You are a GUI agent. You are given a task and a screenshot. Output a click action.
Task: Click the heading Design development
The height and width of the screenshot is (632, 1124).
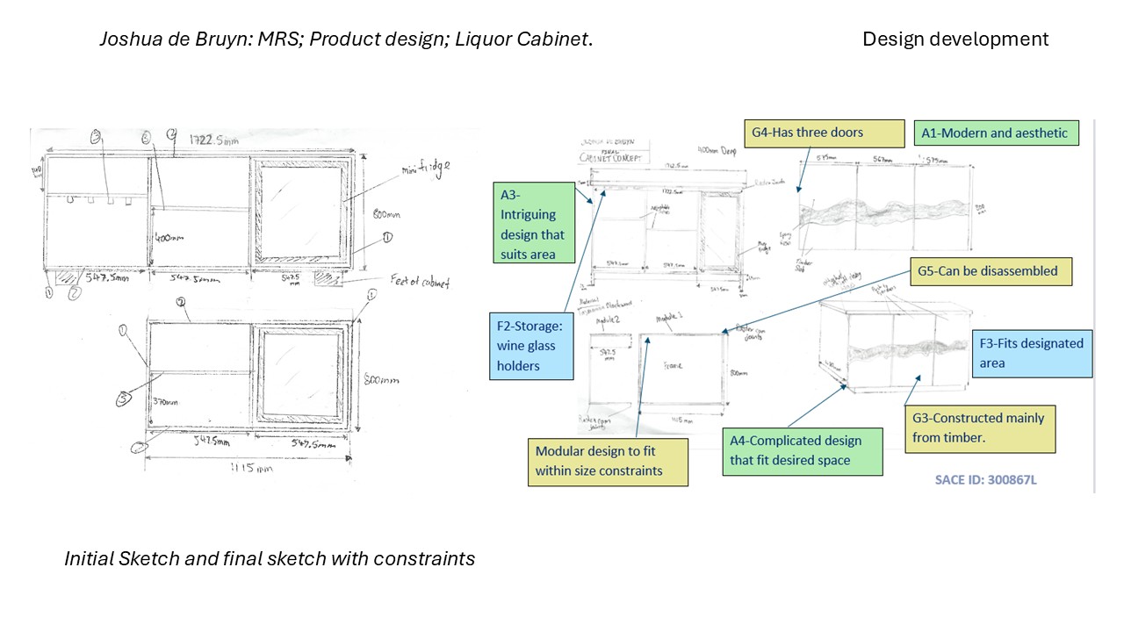click(x=955, y=39)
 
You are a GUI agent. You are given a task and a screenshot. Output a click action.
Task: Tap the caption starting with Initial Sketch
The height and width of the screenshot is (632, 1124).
click(x=269, y=558)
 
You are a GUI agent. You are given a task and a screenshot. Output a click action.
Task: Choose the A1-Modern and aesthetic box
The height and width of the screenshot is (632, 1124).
click(x=995, y=133)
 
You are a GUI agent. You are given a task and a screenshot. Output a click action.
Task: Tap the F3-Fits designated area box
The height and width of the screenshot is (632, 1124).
click(x=1032, y=353)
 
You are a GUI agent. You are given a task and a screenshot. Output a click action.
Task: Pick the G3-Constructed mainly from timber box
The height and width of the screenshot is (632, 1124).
click(x=979, y=427)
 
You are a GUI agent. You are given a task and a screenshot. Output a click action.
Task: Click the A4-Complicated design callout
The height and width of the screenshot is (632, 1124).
click(x=801, y=450)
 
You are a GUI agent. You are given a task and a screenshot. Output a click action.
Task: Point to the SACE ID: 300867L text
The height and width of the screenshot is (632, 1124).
click(x=986, y=480)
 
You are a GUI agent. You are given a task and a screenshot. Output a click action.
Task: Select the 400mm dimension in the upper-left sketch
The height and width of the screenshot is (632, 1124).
click(x=169, y=238)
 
